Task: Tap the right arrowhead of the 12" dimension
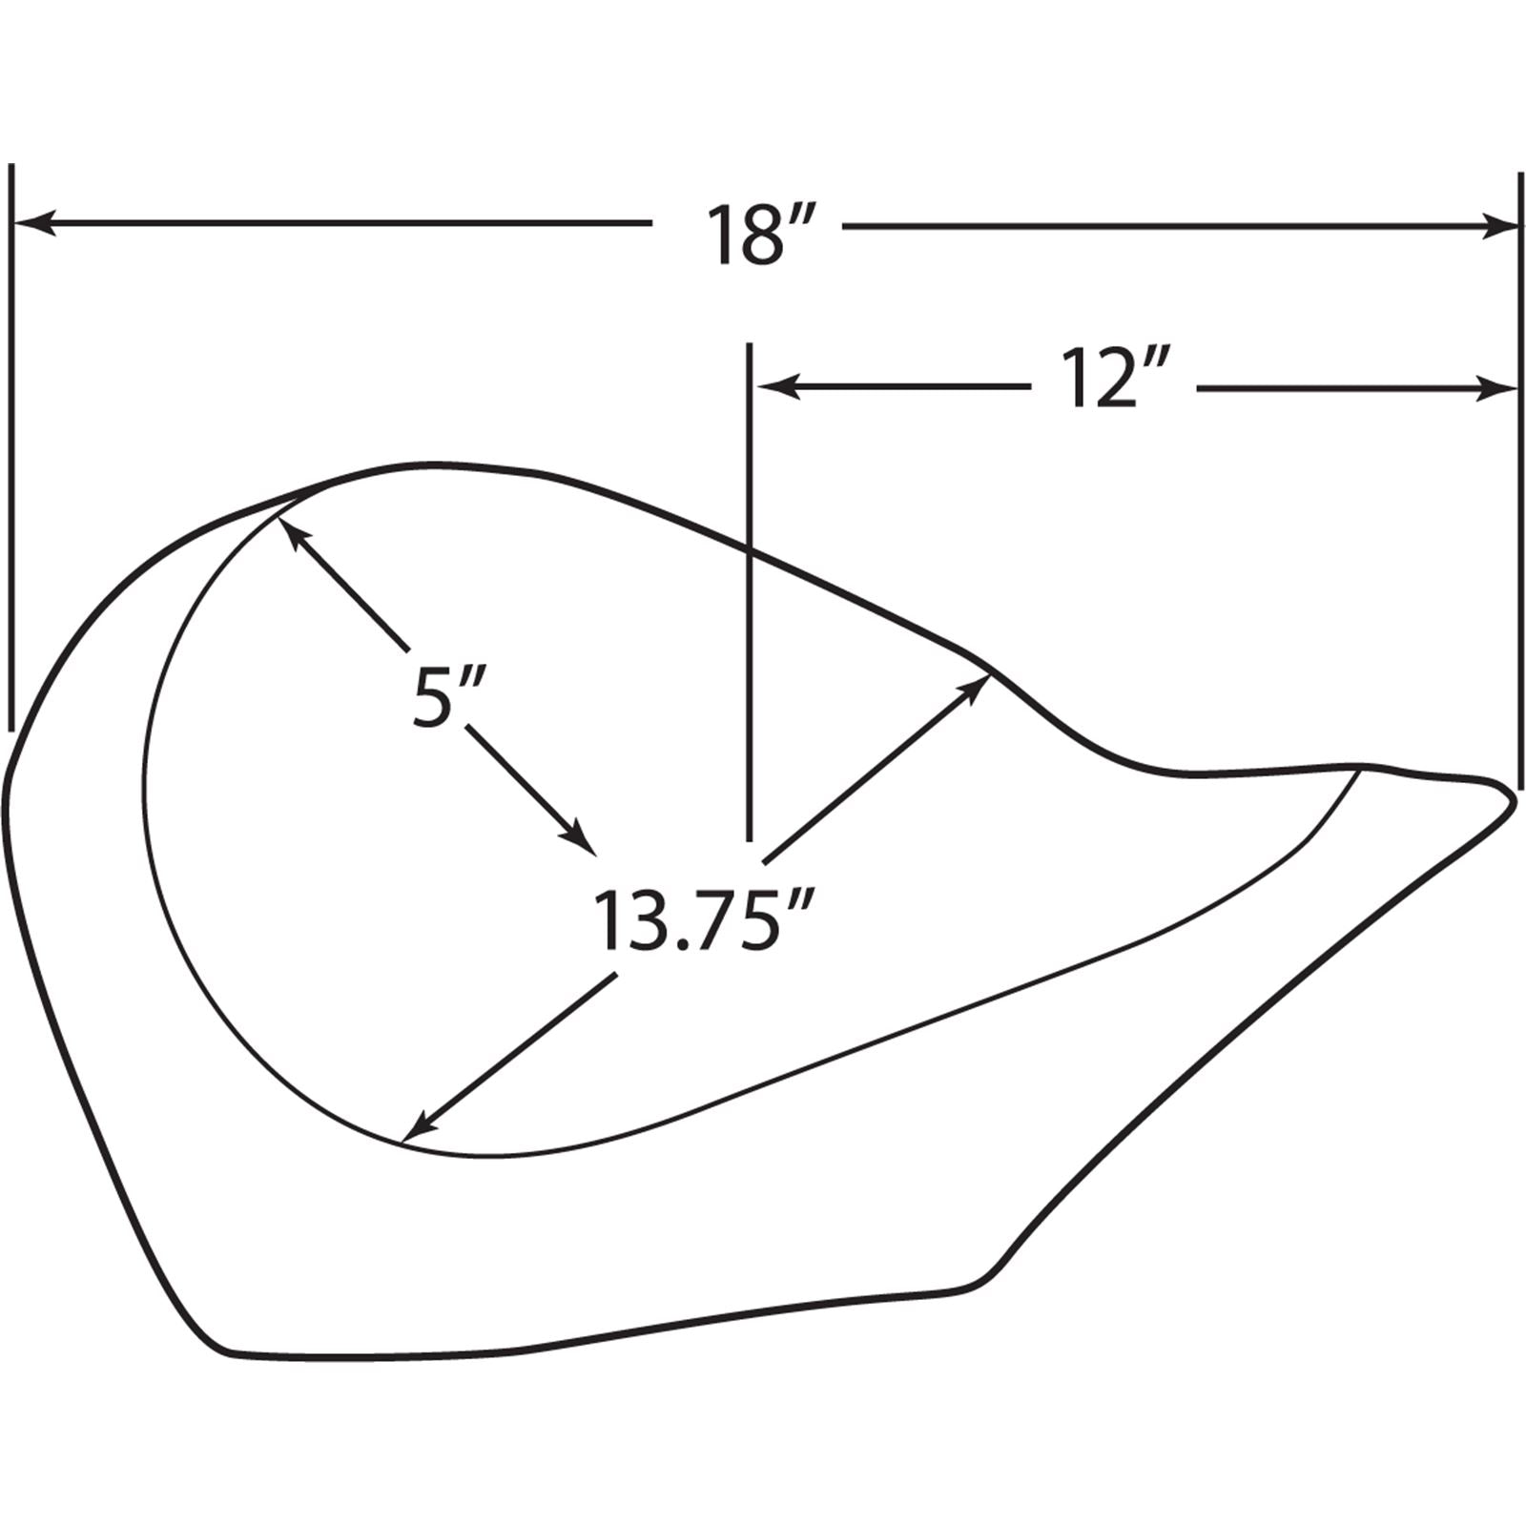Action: (x=1495, y=388)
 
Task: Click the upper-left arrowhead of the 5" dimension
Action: (x=293, y=533)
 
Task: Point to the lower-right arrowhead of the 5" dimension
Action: (x=576, y=836)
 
